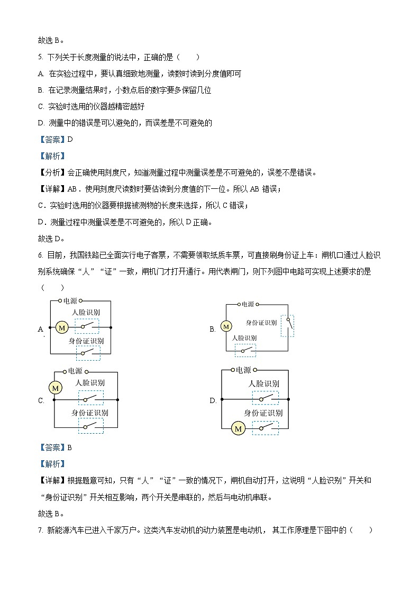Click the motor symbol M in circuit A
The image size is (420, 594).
coord(62,328)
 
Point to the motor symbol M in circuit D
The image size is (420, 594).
coord(238,428)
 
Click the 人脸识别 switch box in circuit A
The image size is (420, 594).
coord(87,326)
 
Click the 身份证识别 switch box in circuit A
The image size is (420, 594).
coord(87,352)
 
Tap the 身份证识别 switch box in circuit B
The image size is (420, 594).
coord(288,325)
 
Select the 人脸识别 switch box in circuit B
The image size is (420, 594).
coord(245,350)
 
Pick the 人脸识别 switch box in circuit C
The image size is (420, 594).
coord(91,398)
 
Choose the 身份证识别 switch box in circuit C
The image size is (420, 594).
coord(91,425)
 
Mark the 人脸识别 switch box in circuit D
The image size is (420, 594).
coord(265,398)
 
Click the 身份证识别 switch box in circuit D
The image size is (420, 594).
coord(265,428)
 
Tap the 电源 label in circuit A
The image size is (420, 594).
coord(70,301)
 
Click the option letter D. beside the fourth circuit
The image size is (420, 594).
coord(213,400)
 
